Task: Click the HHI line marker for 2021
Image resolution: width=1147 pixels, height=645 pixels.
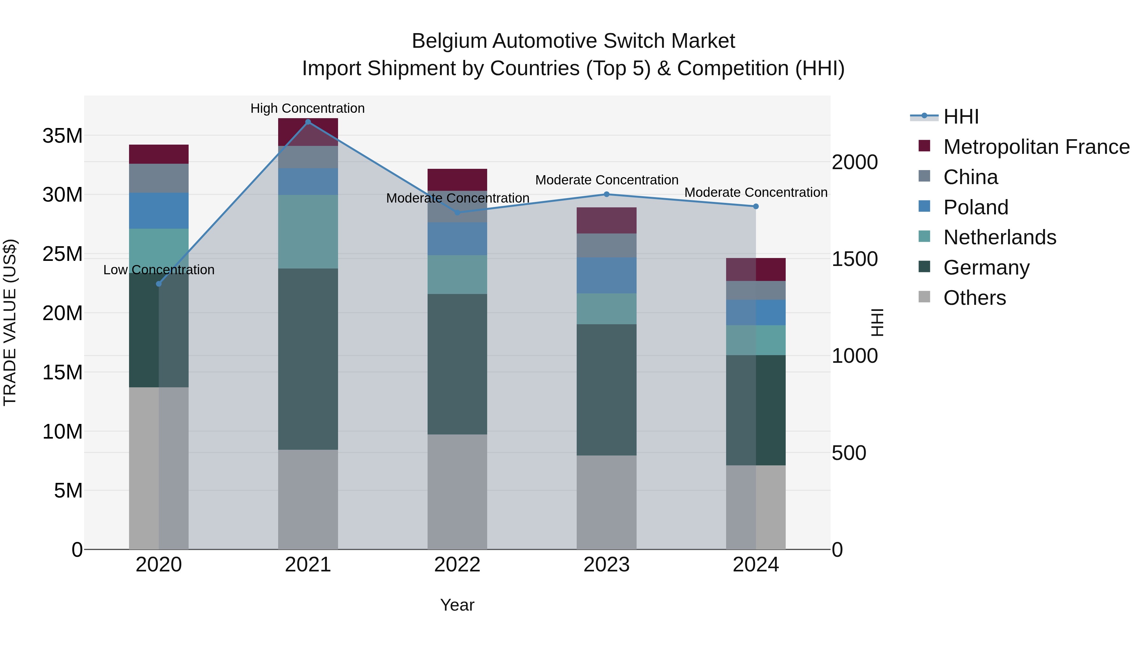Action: pos(308,122)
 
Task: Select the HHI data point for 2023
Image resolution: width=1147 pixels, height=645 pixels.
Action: pos(606,194)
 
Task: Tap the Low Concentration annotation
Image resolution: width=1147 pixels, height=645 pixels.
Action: pos(159,270)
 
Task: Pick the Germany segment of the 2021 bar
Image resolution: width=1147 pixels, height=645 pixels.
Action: pos(308,359)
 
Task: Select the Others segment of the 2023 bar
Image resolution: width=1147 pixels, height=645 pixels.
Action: pos(606,502)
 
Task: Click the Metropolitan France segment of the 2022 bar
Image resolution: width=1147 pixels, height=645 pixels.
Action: pos(457,179)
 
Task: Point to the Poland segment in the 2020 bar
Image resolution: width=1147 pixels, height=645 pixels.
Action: pos(159,211)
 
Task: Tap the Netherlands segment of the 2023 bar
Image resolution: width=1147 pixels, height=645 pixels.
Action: pos(606,308)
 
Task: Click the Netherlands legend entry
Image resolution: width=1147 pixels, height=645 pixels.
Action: pos(999,237)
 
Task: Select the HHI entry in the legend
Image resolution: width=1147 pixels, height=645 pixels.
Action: pos(961,117)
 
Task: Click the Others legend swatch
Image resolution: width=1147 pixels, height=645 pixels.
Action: pos(924,297)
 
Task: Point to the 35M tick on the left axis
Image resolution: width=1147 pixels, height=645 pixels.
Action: pos(62,136)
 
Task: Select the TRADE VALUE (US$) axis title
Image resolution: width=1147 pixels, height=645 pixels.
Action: pos(10,322)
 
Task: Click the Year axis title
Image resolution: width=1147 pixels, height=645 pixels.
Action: pos(457,605)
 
